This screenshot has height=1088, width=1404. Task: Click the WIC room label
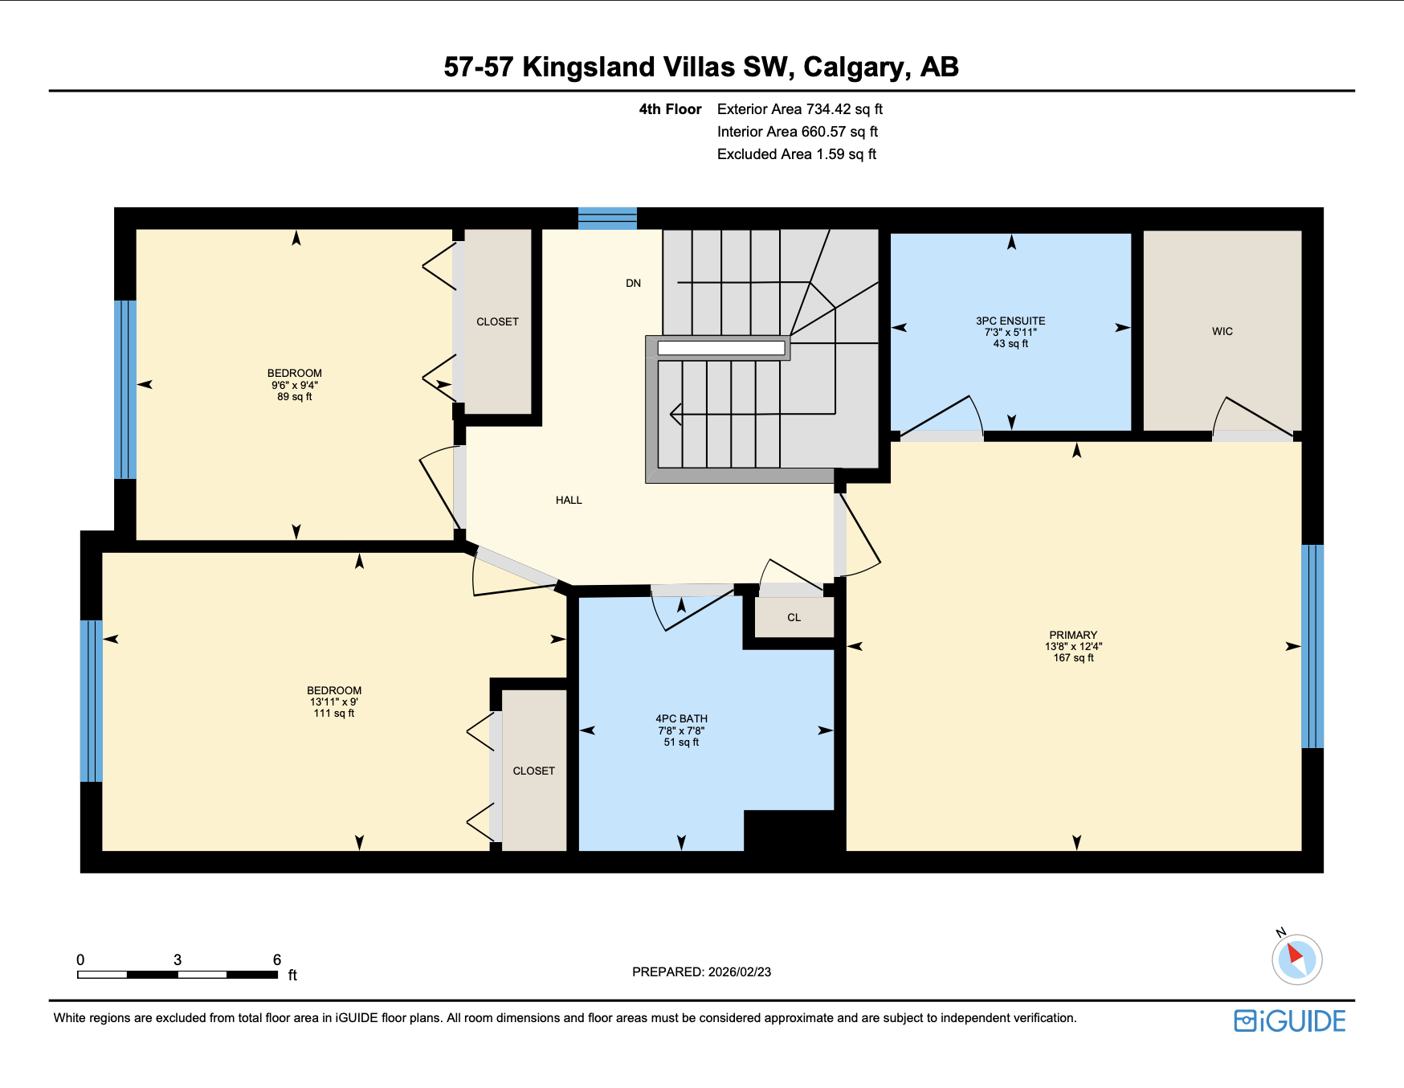tap(1222, 331)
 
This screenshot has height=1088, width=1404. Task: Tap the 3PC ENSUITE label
tap(1010, 321)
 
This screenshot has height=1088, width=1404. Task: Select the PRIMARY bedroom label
tap(1073, 635)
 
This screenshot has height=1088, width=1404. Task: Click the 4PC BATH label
tap(681, 719)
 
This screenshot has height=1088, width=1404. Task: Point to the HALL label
tap(569, 500)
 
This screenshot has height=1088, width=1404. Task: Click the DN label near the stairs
tap(633, 283)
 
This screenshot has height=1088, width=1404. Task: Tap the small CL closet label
tap(794, 617)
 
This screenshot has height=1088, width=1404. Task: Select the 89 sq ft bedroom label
tap(295, 384)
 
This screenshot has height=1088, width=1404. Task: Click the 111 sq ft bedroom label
tap(334, 701)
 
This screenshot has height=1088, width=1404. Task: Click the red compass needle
tap(1294, 954)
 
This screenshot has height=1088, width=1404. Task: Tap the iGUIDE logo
tap(1290, 1021)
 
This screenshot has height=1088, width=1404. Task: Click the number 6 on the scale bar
tap(277, 959)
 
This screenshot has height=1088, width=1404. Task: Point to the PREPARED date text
tap(701, 971)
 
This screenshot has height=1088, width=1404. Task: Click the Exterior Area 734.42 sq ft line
tap(799, 109)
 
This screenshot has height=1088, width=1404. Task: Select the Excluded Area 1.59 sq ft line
tap(796, 154)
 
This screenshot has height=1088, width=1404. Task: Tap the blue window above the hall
tap(607, 219)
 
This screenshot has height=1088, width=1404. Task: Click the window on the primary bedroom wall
tap(1312, 646)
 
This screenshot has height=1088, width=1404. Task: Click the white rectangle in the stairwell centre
tap(720, 348)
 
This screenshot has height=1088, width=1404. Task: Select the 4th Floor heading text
tap(670, 109)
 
